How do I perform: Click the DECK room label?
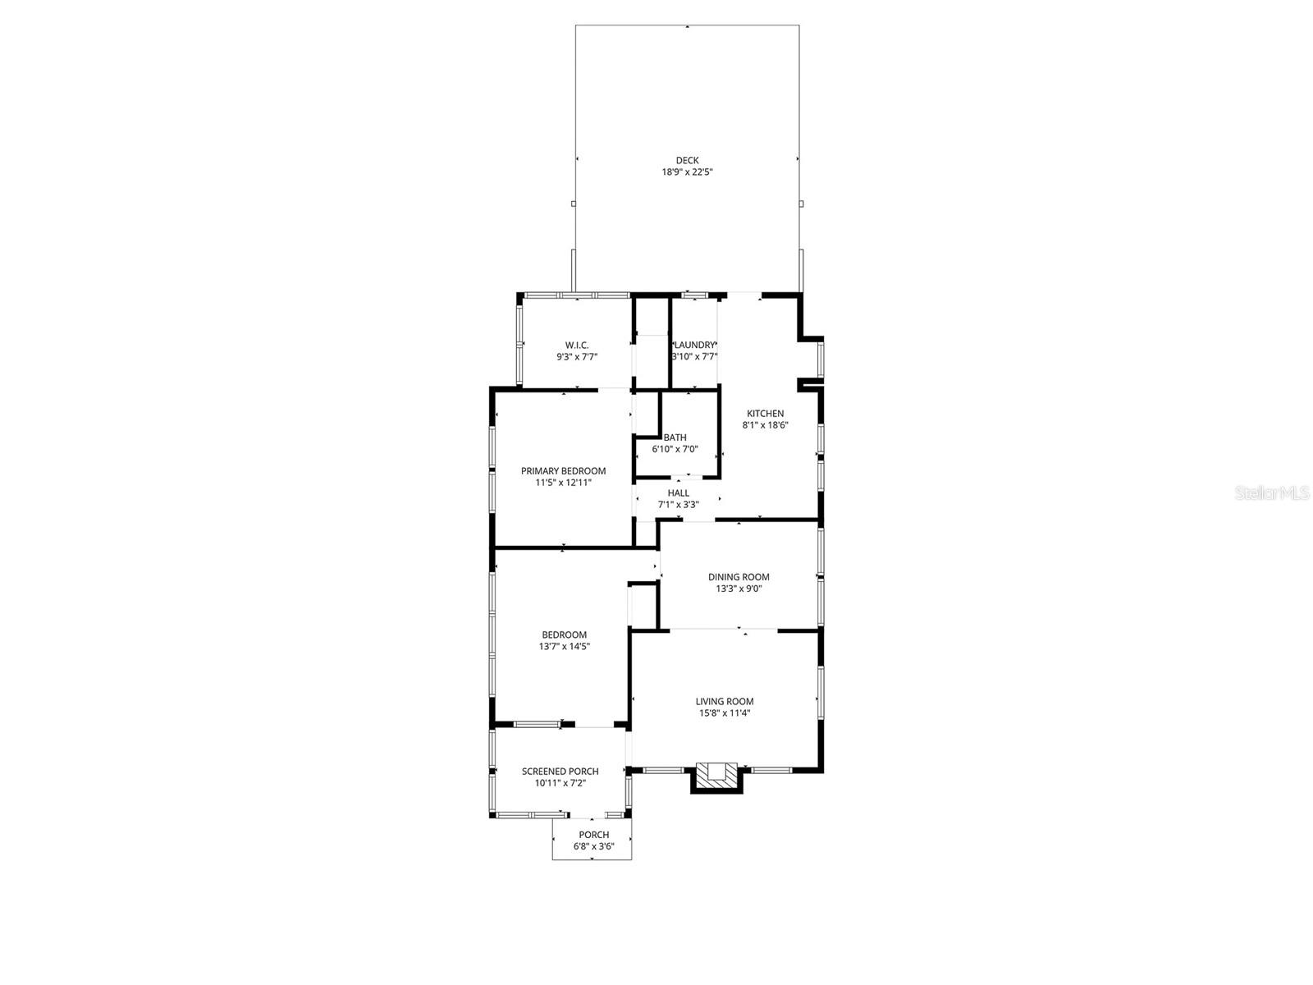point(687,161)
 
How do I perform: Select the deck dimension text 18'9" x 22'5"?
point(687,172)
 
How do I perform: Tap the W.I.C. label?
point(577,346)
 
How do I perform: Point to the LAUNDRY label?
point(695,346)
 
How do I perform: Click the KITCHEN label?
point(765,414)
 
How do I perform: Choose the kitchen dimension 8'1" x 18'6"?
point(765,425)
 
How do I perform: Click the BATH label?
point(675,438)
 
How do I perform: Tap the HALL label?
point(679,493)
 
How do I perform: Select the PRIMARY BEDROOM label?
point(563,471)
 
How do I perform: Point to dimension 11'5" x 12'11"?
point(563,483)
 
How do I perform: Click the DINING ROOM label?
point(739,577)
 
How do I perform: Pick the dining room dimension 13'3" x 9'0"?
point(739,589)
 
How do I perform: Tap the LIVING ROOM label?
point(725,702)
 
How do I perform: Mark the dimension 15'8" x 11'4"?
point(725,713)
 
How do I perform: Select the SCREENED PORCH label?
point(560,772)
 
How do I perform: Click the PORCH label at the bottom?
point(594,835)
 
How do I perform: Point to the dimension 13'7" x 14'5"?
point(565,646)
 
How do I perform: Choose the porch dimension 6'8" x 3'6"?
point(594,846)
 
